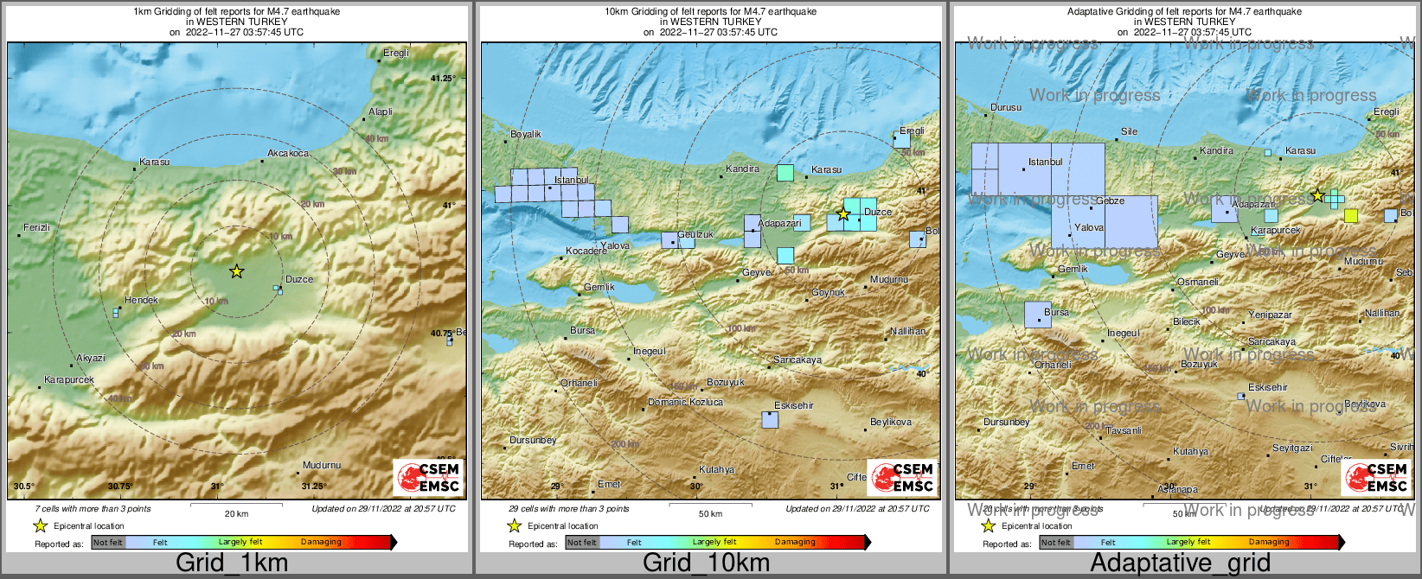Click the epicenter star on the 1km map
click(236, 271)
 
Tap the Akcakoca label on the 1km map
click(288, 153)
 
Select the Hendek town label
click(141, 300)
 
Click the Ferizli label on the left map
click(36, 227)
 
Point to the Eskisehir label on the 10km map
click(793, 405)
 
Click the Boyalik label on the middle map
click(526, 134)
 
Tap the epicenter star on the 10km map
click(843, 213)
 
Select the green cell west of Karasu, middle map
click(785, 173)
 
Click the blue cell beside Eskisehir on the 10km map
click(770, 420)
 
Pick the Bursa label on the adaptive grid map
click(1056, 312)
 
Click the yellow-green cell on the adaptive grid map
click(1351, 215)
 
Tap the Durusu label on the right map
click(1006, 108)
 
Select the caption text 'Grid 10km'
click(706, 563)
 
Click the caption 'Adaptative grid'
click(1180, 563)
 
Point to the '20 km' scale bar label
click(236, 513)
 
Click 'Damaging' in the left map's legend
click(321, 542)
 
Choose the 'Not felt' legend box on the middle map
click(581, 542)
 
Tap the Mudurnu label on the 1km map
click(321, 465)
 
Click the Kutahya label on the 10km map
click(716, 469)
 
